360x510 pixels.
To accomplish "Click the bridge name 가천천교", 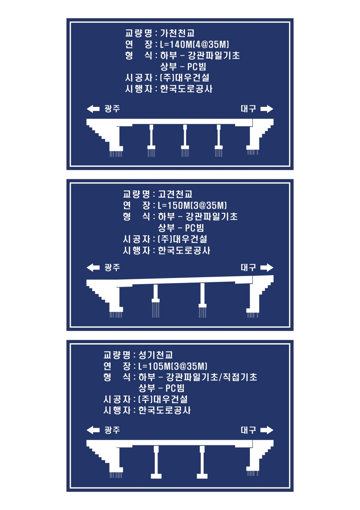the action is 177,33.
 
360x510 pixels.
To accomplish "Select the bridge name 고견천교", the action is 175,194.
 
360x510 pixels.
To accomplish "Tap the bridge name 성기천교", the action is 155,355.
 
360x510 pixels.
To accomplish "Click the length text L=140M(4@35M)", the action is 194,44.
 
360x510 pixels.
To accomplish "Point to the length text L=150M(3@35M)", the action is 192,205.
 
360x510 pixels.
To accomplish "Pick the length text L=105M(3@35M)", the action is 173,366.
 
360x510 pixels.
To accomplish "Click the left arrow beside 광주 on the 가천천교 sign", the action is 93,109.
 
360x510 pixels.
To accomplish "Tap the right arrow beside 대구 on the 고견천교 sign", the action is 267,268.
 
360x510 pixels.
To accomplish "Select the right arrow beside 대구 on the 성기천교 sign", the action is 267,430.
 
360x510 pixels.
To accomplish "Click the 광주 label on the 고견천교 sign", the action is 112,267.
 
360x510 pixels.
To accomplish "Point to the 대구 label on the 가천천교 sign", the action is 248,109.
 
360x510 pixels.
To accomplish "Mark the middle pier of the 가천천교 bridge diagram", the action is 185,140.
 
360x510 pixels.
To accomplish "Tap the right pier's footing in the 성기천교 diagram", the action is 202,476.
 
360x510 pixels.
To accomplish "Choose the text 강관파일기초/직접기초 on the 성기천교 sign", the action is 211,377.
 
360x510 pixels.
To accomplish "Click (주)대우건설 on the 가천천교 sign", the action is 185,78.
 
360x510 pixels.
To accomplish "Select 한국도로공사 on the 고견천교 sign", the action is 184,250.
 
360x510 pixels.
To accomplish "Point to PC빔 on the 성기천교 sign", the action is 175,388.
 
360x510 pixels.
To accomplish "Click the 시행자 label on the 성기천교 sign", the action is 117,410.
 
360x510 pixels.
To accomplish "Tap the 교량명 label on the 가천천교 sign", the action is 138,33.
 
